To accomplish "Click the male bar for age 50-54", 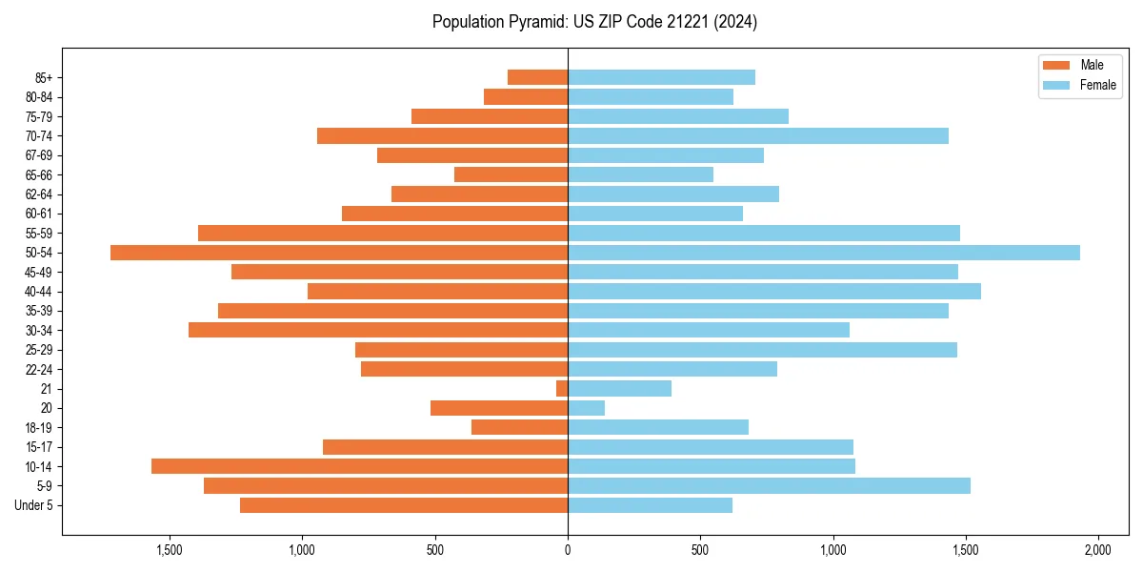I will tap(339, 253).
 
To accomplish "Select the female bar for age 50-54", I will tap(824, 253).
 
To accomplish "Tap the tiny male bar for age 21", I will tap(562, 388).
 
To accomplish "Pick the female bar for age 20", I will tap(587, 408).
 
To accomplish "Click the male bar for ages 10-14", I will tap(359, 466).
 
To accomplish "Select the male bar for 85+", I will tap(537, 77).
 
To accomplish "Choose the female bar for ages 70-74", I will tap(758, 135).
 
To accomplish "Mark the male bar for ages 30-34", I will tap(378, 330).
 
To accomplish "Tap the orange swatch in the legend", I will tap(1057, 65).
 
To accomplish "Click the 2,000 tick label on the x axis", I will tap(1098, 550).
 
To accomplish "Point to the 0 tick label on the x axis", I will tap(568, 550).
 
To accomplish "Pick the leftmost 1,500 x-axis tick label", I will tap(169, 550).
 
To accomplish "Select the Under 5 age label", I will tap(33, 505).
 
